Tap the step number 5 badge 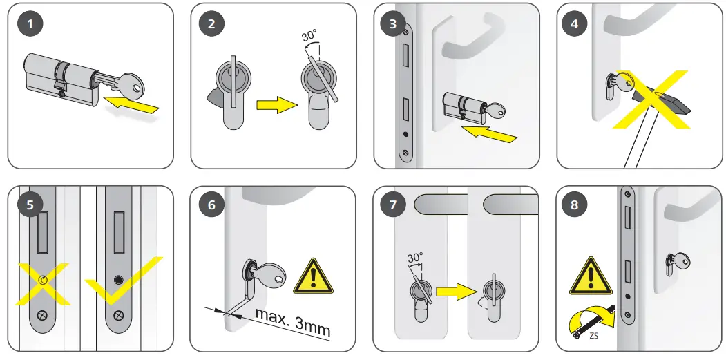[x=29, y=206]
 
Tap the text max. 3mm [x=293, y=321]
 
